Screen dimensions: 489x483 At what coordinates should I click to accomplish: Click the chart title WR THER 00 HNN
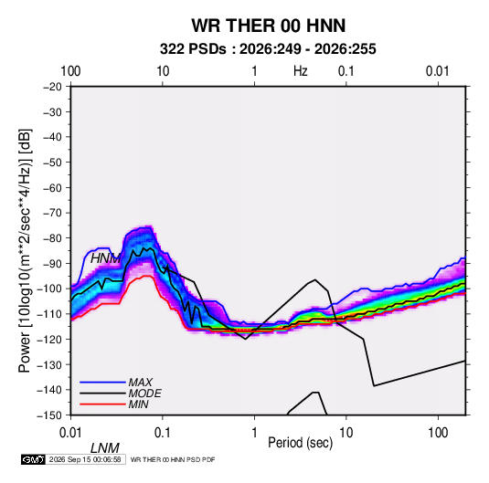click(268, 26)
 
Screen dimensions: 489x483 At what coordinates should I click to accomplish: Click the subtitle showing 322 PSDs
click(268, 49)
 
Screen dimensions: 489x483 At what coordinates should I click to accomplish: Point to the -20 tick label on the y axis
click(52, 87)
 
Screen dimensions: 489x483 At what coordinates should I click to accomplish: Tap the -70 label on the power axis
click(52, 213)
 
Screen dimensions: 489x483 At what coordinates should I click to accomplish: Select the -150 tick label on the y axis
click(50, 415)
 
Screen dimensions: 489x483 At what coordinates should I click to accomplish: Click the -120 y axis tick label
click(50, 339)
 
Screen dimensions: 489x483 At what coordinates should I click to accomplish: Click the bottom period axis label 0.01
click(70, 433)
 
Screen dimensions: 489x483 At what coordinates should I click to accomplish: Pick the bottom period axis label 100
click(438, 433)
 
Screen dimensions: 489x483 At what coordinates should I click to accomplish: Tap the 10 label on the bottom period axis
click(345, 433)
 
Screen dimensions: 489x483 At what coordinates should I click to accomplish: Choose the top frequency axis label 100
click(70, 71)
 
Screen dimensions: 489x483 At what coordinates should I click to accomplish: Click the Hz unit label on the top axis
click(301, 71)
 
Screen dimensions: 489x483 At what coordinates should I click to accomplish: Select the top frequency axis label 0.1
click(346, 71)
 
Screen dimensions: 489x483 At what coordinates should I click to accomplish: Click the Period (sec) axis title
click(301, 443)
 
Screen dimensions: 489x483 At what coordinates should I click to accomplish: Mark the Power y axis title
click(25, 251)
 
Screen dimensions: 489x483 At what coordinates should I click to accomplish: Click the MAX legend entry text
click(141, 383)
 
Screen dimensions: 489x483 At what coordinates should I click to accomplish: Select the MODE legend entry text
click(145, 394)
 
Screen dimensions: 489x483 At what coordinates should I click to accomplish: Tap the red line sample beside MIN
click(102, 404)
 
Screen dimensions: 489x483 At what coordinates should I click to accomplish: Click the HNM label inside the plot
click(105, 258)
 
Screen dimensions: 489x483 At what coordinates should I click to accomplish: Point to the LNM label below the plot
click(105, 448)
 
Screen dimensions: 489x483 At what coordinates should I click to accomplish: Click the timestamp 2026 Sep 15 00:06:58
click(85, 459)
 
